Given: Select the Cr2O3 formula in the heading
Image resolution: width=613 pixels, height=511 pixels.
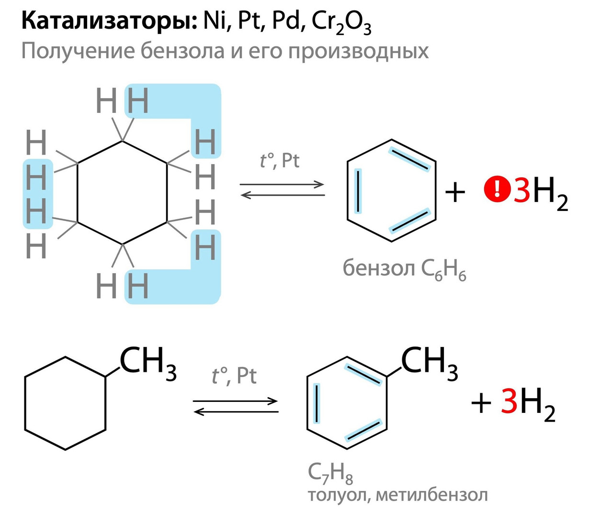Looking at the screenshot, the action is pos(341,23).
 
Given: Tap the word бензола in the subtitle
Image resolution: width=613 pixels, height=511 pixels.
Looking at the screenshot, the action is pos(182,51).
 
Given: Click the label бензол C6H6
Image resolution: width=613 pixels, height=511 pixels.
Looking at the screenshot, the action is pos(404,269).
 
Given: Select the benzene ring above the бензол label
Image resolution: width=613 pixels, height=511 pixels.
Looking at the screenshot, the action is pos(392,190).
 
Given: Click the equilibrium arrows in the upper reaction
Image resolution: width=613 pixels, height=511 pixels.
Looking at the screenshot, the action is pos(283,189).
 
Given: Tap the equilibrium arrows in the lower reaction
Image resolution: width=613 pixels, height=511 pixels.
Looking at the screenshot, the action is pos(236,406).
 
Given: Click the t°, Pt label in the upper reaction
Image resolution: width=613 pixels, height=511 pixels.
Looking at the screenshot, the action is pos(280,161).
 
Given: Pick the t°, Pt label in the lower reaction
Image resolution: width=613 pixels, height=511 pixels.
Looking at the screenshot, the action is pos(234,376).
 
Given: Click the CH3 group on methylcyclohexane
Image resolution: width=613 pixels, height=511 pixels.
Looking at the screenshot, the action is pos(148,363).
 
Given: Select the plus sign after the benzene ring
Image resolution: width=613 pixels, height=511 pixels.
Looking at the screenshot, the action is pos(455,192).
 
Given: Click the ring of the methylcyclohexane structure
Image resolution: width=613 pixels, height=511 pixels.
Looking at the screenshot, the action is pos(65,403).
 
